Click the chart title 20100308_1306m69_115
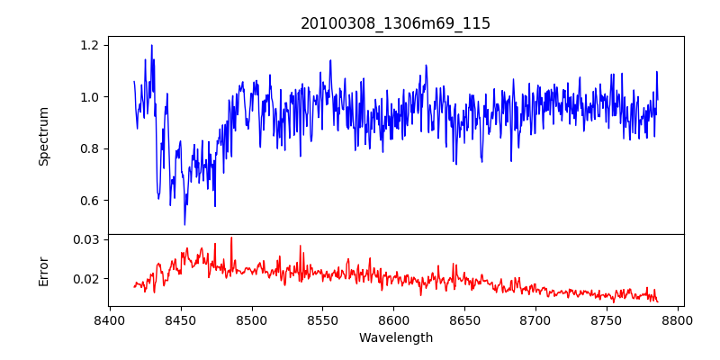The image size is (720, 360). coord(395,23)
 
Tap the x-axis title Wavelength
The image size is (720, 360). coord(395,338)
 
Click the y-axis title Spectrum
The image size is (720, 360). coord(44,136)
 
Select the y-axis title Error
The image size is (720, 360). coord(44,270)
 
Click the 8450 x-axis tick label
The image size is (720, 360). coord(181,319)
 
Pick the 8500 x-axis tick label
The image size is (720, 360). coord(252,319)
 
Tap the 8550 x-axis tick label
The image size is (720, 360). coord(323,319)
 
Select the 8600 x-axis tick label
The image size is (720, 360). coord(394,319)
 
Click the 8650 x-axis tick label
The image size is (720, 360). coord(465,319)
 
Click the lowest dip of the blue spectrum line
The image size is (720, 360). coord(184,224)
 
